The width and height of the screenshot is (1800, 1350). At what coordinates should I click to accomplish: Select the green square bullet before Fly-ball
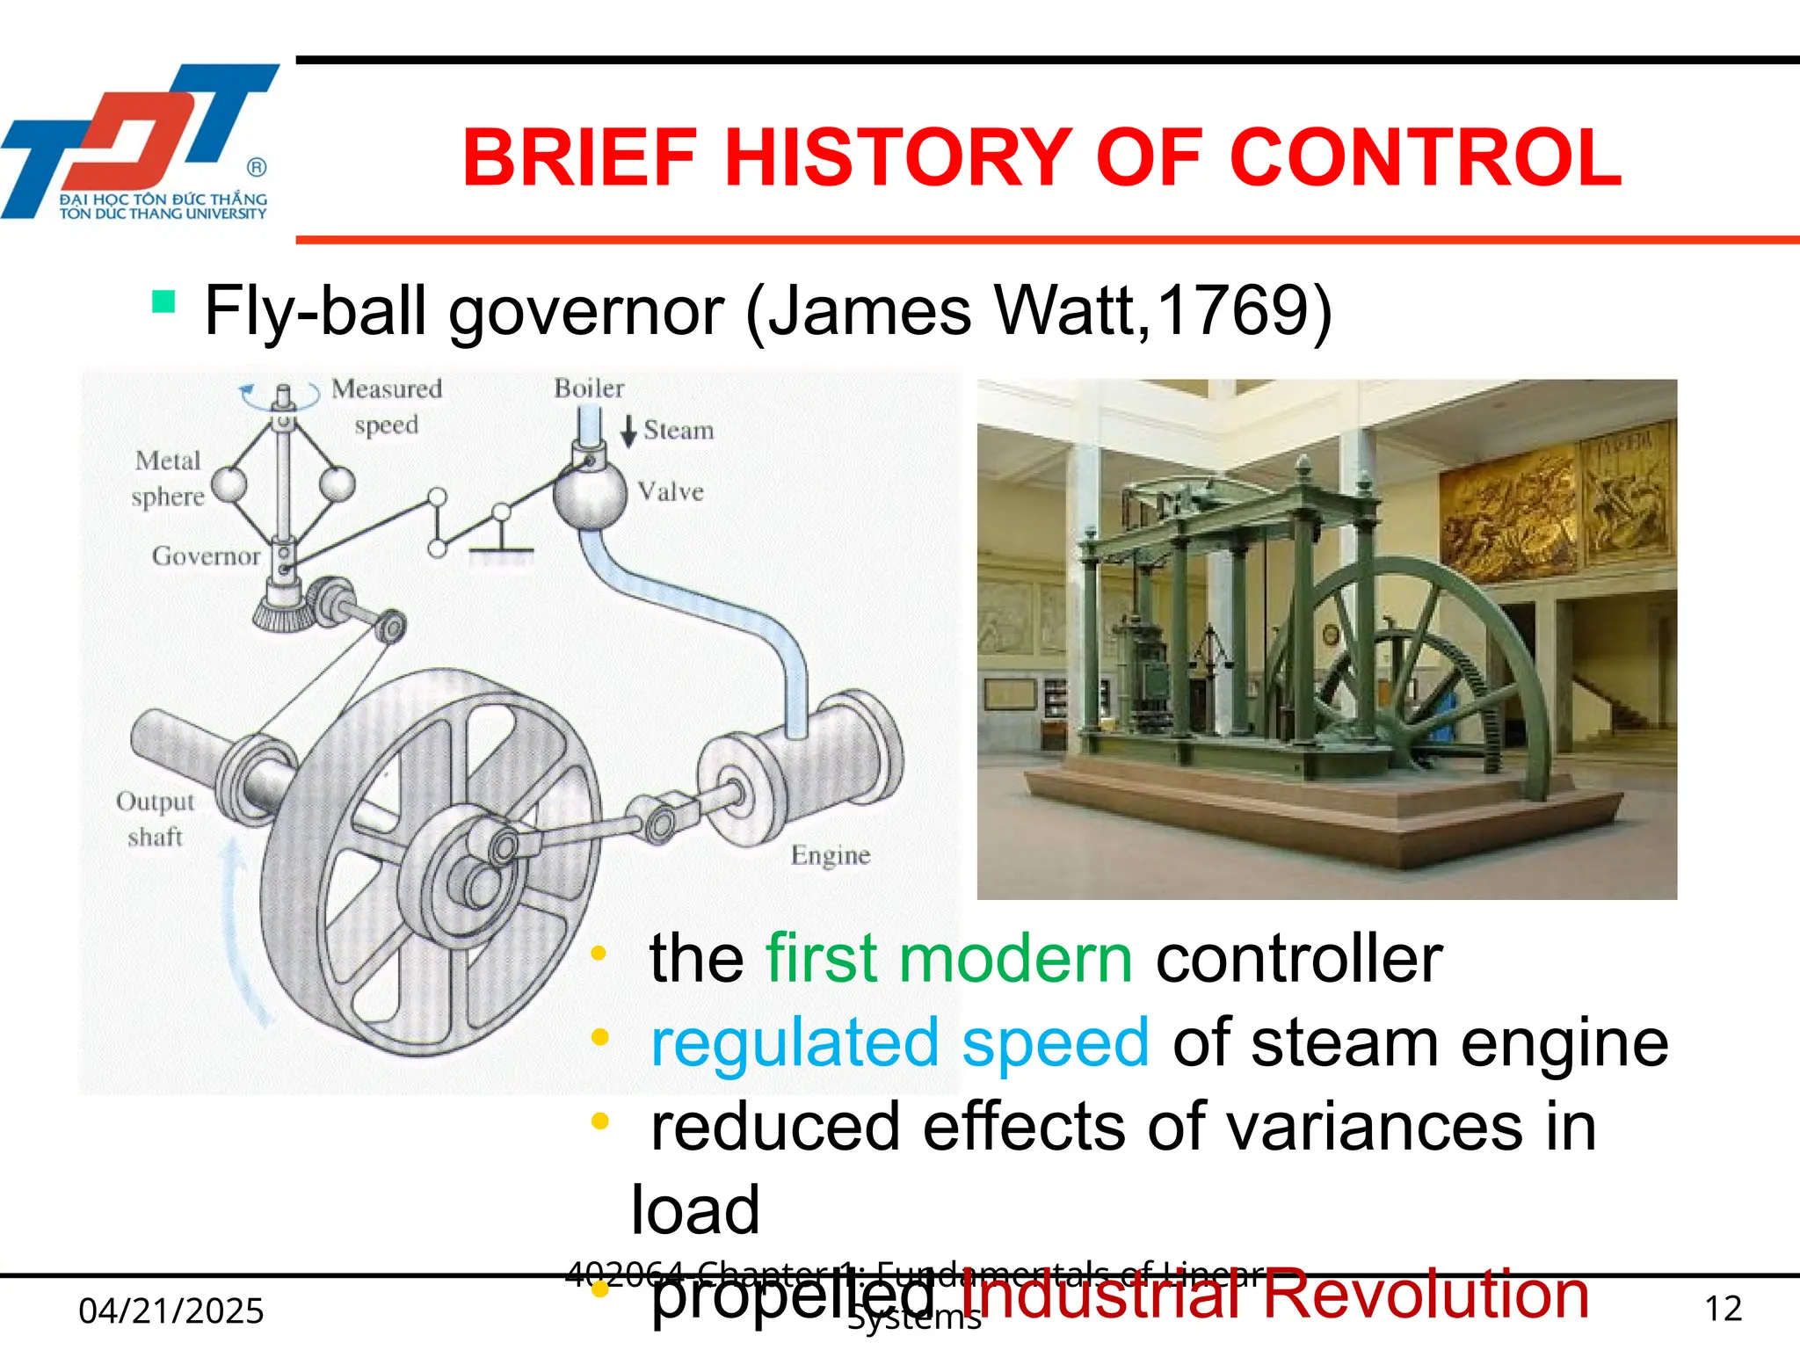[163, 302]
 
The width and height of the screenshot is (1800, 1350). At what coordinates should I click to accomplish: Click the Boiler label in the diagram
[589, 388]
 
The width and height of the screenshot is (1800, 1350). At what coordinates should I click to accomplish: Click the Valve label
[671, 491]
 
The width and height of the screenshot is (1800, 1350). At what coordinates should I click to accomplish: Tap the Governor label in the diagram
[207, 555]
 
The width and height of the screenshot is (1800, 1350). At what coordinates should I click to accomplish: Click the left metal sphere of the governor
[230, 484]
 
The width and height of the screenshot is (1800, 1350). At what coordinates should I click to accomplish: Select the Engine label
[831, 855]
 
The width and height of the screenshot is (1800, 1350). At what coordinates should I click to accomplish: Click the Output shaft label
[156, 818]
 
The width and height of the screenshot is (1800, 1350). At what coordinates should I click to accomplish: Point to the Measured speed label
[387, 406]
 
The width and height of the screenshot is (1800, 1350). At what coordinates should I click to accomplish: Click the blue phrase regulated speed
[899, 1042]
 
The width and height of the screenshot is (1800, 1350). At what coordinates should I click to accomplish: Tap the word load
[695, 1210]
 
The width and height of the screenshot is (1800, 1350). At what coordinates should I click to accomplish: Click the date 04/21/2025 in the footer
[171, 1310]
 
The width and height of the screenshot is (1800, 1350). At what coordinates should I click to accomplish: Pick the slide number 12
[1723, 1309]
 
